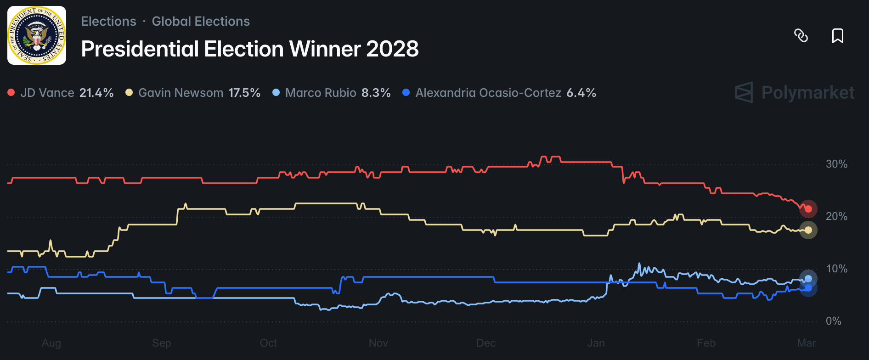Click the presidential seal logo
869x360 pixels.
click(x=37, y=35)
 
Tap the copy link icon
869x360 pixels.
click(x=801, y=35)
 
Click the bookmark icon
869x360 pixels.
click(x=837, y=35)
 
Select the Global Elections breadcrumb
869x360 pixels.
click(x=201, y=22)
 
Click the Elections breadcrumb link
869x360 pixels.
click(x=108, y=22)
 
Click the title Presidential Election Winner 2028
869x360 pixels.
click(x=249, y=49)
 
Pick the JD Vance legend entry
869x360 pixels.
click(x=47, y=93)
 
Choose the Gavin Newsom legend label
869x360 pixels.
click(x=181, y=93)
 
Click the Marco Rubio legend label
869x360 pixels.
click(x=321, y=93)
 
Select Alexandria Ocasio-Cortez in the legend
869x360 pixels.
click(x=488, y=93)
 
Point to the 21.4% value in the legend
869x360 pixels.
click(x=96, y=93)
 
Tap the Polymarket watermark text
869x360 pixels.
click(x=807, y=93)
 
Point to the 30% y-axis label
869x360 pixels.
click(x=836, y=164)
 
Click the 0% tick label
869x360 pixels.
click(x=833, y=321)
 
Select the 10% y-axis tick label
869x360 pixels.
click(x=836, y=269)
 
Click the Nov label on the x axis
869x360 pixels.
click(x=378, y=343)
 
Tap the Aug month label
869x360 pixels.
click(x=51, y=343)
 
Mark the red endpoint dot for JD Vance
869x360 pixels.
click(x=808, y=209)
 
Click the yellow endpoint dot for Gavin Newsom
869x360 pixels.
click(x=808, y=230)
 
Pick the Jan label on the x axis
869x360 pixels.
click(x=596, y=343)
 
